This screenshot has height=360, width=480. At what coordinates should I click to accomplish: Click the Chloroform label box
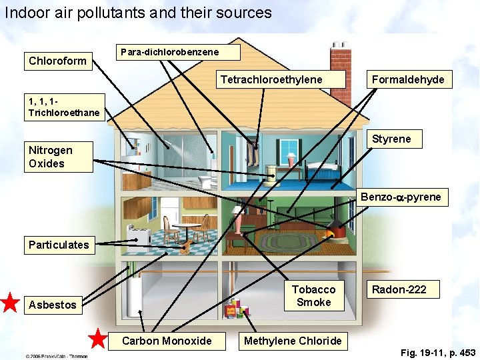[57, 61]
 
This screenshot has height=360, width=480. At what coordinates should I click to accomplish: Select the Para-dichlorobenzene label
[169, 52]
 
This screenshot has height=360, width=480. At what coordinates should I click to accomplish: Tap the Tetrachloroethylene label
[271, 80]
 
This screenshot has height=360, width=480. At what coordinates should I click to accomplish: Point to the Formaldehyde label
[408, 80]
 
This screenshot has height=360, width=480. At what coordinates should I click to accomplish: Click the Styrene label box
[391, 139]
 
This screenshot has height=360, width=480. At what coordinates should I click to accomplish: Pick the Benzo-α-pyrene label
[401, 197]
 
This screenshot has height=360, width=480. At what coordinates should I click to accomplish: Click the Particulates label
[59, 245]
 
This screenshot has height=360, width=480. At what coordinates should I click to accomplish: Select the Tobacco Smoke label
[314, 296]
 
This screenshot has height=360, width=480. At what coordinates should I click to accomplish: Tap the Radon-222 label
[399, 289]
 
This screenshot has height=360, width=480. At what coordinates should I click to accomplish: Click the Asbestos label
[53, 305]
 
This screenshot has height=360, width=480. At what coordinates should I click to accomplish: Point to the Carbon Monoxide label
[167, 341]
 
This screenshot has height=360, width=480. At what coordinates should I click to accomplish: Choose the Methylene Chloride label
[293, 341]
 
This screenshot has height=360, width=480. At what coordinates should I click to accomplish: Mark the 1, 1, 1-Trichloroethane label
[64, 107]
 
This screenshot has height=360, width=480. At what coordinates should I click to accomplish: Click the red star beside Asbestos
[10, 303]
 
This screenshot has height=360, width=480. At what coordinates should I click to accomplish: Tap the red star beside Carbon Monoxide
[98, 339]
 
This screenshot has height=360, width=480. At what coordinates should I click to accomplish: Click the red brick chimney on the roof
[341, 60]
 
